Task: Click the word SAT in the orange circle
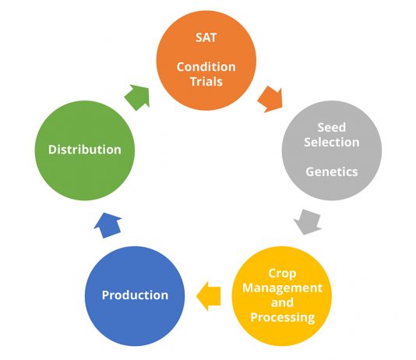[206, 37]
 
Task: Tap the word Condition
[206, 66]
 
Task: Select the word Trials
[206, 82]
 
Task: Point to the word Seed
[332, 127]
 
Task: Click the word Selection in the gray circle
[332, 142]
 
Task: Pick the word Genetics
[332, 171]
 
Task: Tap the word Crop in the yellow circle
[282, 274]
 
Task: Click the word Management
[282, 288]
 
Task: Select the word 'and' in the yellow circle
[282, 302]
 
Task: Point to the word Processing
[283, 317]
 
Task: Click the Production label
[135, 295]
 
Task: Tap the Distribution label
[85, 150]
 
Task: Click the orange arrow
[271, 99]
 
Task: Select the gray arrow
[308, 222]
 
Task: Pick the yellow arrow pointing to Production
[209, 296]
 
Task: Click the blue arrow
[108, 225]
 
